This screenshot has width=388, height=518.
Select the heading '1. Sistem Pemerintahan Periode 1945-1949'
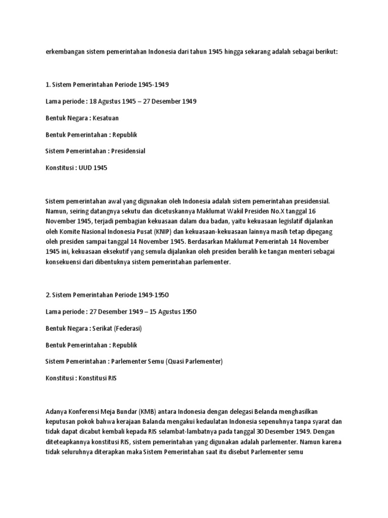111,83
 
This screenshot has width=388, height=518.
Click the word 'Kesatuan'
109,118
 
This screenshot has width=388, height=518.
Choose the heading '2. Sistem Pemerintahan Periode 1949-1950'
111,294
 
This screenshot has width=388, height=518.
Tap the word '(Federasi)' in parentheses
128,328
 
